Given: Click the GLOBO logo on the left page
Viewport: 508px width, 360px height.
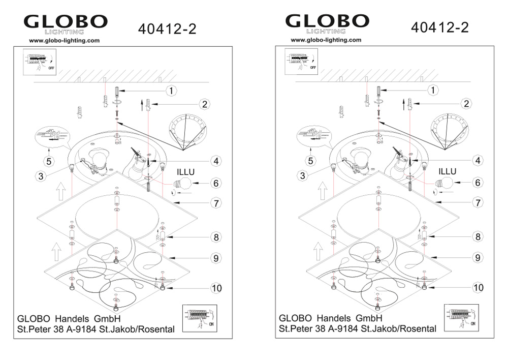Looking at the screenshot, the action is [66, 24].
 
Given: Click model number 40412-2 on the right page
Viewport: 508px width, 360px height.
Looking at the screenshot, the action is [439, 27].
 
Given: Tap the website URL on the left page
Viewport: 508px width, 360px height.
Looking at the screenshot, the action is [64, 41].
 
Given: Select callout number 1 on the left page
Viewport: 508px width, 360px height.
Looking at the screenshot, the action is [171, 91].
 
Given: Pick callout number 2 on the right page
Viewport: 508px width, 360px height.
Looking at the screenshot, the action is [466, 104].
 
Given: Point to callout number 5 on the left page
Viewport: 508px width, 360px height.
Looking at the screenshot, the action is [49, 161].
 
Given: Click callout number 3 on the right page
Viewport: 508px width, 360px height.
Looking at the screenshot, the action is [302, 175].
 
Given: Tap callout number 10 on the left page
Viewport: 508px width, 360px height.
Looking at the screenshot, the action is [216, 288].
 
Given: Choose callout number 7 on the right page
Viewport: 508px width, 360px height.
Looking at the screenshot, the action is [478, 203].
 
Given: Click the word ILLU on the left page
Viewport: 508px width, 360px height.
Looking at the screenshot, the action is [185, 172].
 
